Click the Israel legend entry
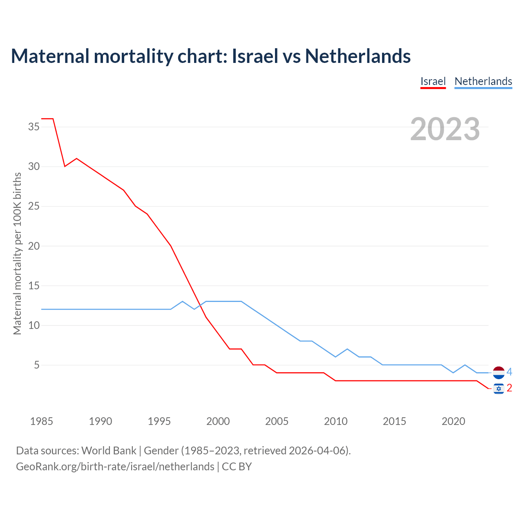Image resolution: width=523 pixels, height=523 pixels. (x=433, y=81)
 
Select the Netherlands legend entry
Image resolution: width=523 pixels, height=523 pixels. (x=483, y=81)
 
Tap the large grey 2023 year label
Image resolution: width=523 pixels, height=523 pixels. (x=445, y=129)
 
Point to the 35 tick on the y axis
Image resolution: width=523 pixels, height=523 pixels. (x=34, y=127)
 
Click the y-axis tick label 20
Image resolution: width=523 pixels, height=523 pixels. (x=34, y=246)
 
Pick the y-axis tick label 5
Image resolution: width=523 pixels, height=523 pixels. (x=37, y=365)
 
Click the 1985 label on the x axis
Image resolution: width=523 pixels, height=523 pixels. (x=42, y=421)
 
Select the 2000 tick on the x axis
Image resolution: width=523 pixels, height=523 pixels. (x=218, y=421)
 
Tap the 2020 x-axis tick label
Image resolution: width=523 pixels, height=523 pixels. (x=453, y=421)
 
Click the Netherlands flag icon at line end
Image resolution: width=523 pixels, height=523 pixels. (x=498, y=373)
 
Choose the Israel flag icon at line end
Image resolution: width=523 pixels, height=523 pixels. (x=498, y=389)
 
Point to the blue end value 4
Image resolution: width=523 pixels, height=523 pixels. (x=509, y=372)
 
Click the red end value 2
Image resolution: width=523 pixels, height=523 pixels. (x=509, y=388)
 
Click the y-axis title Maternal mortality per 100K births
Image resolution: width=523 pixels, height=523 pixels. (x=17, y=253)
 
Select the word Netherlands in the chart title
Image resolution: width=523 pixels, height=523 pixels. (x=358, y=56)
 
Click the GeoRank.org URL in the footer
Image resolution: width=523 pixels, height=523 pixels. (x=115, y=466)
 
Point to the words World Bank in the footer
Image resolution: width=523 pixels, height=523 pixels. (x=109, y=451)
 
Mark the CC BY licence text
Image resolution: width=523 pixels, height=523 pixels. (x=237, y=466)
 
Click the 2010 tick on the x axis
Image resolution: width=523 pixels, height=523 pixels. (x=335, y=421)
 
